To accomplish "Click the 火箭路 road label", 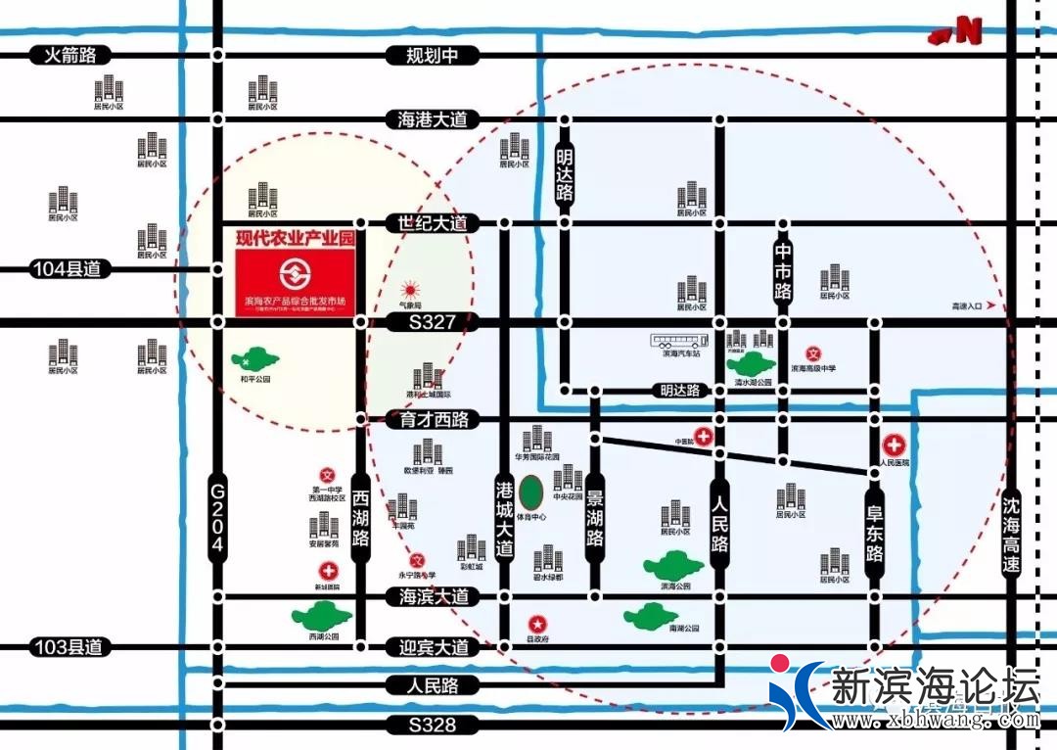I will point(70,55).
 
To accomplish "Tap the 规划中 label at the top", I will point(433,55).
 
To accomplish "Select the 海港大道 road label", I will point(433,119).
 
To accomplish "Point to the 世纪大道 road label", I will point(433,223).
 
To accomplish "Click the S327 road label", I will point(433,322).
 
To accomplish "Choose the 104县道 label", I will point(66,269).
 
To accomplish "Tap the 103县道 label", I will point(66,647).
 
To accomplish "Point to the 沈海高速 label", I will point(1011,537).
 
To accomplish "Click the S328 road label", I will point(433,726).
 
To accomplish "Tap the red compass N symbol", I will point(957,31).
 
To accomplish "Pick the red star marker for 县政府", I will point(537,623).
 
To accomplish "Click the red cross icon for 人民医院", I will point(894,445).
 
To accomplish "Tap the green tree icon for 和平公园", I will point(254,359).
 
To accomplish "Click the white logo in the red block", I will point(291,272).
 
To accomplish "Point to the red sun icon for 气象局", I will point(411,290).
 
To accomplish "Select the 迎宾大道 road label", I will point(433,647).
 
